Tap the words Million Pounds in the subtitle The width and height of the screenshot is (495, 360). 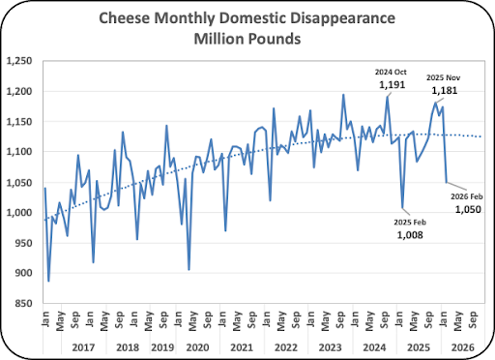point(247,39)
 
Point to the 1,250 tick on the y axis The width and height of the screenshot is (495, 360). point(19,61)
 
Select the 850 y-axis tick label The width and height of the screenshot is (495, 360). point(23,303)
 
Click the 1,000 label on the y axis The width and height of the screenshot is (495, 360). point(19,212)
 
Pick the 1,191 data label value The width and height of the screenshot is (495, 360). point(392,85)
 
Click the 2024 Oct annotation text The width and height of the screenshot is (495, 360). point(391,72)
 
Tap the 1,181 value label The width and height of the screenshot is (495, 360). point(445,91)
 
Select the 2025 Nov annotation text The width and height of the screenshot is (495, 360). point(444,77)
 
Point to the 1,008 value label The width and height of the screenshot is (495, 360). point(410,235)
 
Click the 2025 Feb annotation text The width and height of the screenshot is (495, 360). point(410,223)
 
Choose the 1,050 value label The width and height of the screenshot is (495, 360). point(468,209)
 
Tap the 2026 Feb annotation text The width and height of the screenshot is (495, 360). point(467,196)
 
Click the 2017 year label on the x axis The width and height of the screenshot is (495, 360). point(83,347)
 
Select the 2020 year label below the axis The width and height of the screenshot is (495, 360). point(197,347)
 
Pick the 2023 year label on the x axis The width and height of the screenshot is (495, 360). point(330,347)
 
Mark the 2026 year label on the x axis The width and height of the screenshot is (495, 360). point(463,347)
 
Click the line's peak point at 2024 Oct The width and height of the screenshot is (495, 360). point(388,97)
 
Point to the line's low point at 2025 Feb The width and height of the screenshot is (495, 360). point(402,208)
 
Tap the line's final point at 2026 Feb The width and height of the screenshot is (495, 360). point(447,182)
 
